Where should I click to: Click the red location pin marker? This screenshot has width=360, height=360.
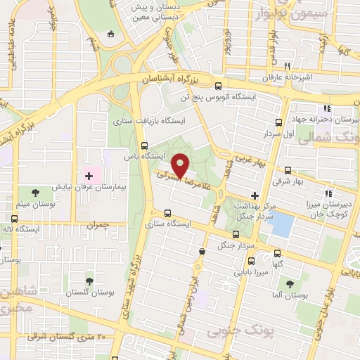point(181,165)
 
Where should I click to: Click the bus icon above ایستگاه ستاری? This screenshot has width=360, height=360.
point(167,213)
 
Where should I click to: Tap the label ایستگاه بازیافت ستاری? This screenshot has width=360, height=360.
point(148,122)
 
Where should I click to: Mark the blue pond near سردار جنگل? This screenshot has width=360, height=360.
point(283,224)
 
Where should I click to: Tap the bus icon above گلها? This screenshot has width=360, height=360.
point(277,253)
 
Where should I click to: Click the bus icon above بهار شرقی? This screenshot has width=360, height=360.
point(288,170)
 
